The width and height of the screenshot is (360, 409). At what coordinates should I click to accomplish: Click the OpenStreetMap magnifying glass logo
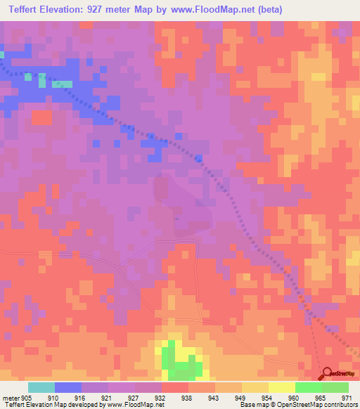click(x=326, y=373)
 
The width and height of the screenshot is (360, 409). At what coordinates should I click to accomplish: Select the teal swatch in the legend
click(x=41, y=387)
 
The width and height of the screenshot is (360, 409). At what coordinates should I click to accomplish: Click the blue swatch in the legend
click(x=68, y=387)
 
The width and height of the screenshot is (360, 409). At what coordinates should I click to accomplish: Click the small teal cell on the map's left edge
click(x=2, y=54)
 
